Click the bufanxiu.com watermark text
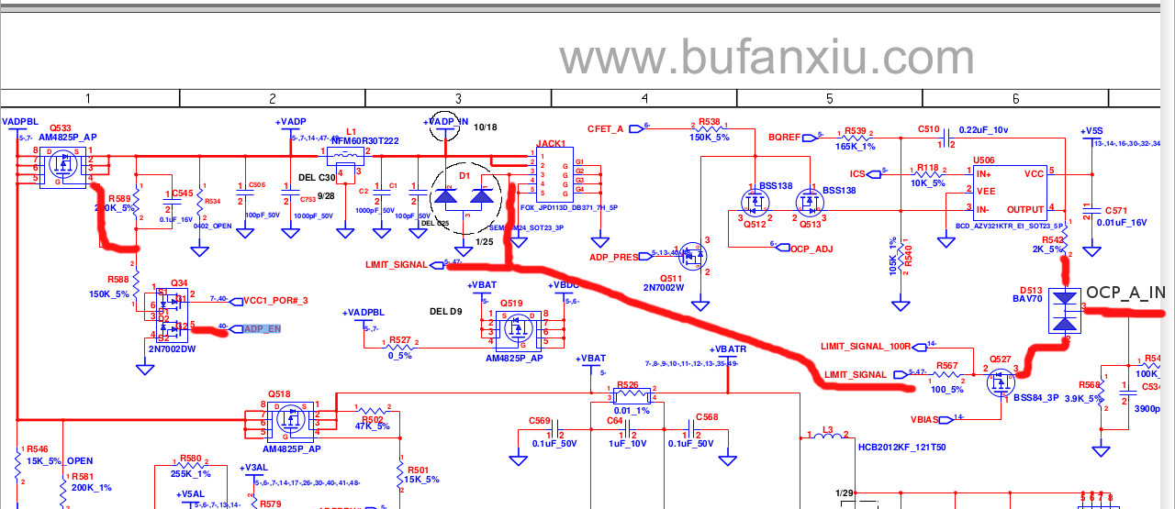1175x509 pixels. click(x=767, y=58)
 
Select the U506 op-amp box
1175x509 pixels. click(x=1011, y=192)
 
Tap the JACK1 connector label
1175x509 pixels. click(x=551, y=144)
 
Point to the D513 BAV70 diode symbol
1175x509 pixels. click(x=1064, y=310)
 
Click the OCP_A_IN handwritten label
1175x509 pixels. click(x=1125, y=293)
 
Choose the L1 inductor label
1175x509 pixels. click(x=351, y=131)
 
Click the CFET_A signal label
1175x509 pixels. click(x=606, y=128)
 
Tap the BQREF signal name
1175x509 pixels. click(x=785, y=136)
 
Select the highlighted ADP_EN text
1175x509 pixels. click(x=261, y=328)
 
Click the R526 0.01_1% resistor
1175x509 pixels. click(x=629, y=396)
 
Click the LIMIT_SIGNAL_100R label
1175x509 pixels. click(x=865, y=346)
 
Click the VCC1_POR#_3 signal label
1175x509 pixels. click(x=275, y=300)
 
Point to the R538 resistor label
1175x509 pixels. click(x=709, y=122)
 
